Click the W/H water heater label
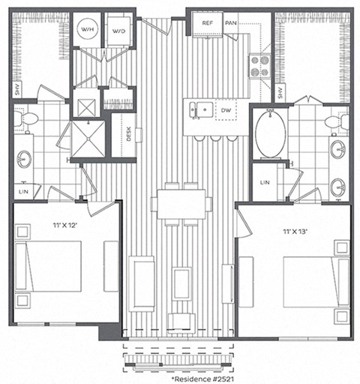[88, 31]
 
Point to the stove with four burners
[259, 67]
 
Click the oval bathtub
[270, 134]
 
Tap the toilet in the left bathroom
[28, 118]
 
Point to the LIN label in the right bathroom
[265, 182]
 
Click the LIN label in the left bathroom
[25, 190]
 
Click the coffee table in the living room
[181, 283]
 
